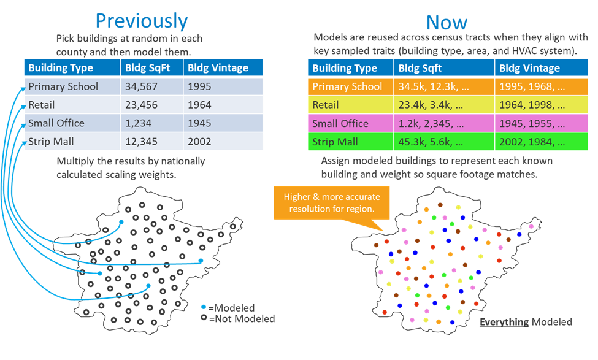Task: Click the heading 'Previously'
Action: (x=142, y=21)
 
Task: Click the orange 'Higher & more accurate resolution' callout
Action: (x=332, y=202)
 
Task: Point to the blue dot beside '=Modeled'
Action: (x=204, y=307)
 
